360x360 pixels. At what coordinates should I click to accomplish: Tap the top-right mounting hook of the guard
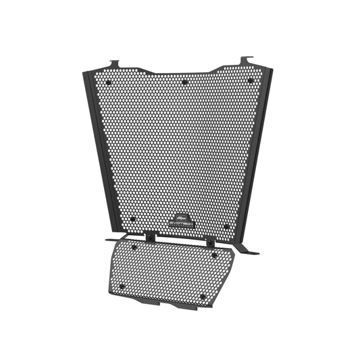tap(247, 61)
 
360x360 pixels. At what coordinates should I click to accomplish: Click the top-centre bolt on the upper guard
tap(184, 82)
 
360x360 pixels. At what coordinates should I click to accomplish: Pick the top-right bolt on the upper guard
tap(250, 81)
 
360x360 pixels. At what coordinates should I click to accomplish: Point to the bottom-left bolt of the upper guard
tap(133, 219)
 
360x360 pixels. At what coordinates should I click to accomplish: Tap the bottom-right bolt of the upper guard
tap(226, 226)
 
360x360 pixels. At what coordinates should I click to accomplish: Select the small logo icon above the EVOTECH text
tap(180, 214)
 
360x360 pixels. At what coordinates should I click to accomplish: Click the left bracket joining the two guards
tap(149, 236)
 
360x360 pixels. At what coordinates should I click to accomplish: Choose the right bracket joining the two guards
tap(211, 241)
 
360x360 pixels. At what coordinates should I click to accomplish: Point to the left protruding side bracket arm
tap(111, 238)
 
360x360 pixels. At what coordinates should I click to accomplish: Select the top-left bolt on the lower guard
tap(134, 247)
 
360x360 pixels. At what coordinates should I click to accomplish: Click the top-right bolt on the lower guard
tap(214, 255)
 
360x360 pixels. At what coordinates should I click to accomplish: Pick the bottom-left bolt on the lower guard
tap(122, 286)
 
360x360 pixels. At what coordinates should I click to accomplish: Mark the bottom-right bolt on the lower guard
tap(203, 296)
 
